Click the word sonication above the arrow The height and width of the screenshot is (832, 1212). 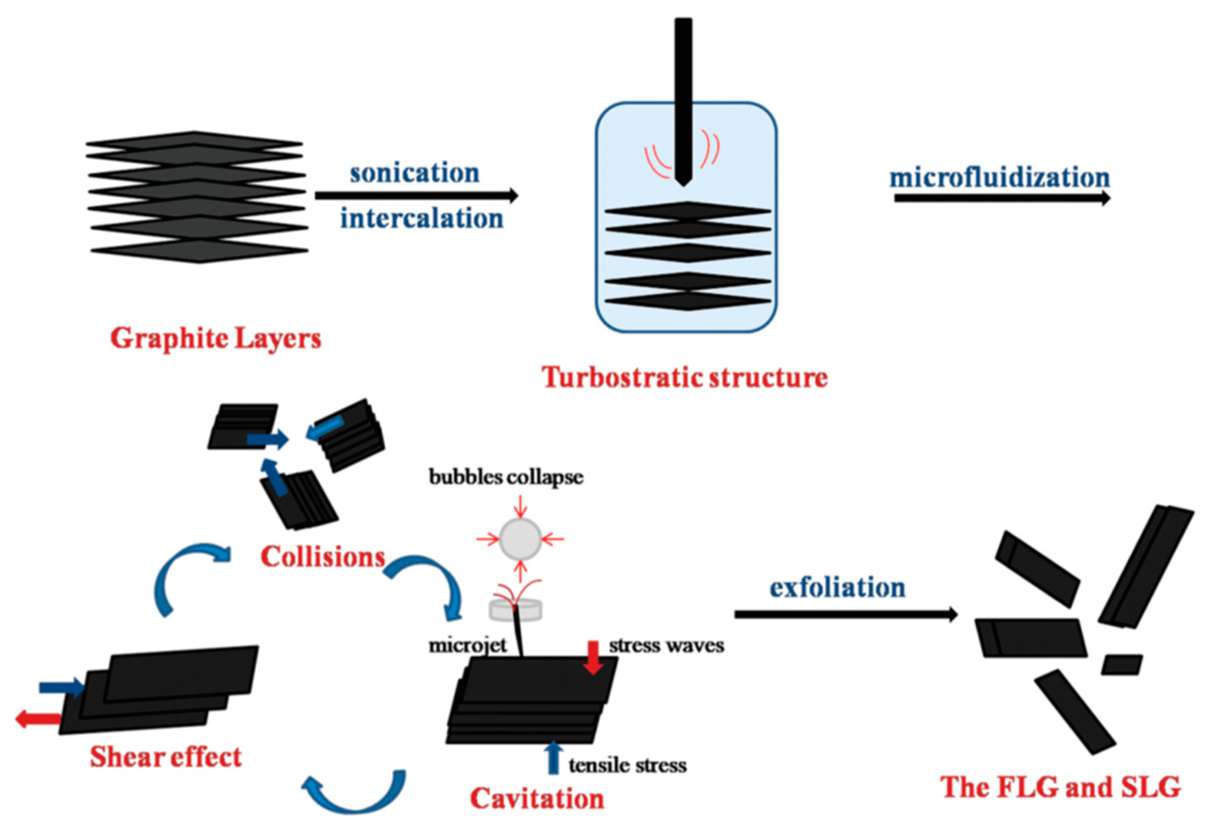415,173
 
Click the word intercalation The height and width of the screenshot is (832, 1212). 421,218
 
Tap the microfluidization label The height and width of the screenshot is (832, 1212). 999,178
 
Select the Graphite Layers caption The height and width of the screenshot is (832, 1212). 216,338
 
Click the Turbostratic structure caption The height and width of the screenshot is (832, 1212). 685,377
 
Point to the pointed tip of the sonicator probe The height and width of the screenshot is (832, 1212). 683,182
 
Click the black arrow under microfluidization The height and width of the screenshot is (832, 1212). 1001,198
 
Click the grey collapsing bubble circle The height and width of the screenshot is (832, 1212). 520,539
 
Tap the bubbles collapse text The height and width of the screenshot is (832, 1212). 506,477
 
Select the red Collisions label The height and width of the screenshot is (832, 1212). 322,557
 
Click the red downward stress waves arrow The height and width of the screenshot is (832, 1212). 593,658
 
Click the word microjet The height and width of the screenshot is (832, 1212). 467,645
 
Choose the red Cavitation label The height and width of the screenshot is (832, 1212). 537,798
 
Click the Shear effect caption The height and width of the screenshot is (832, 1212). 166,756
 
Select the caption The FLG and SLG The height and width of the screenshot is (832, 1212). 1061,787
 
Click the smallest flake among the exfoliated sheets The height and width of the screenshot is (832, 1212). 1121,665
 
